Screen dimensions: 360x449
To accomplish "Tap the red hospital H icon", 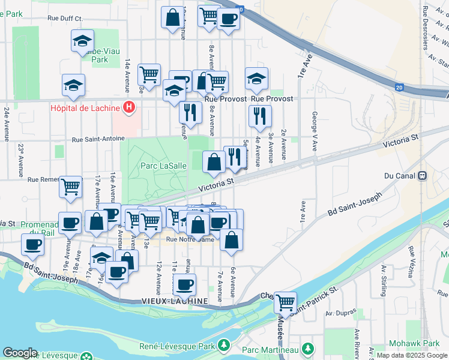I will click(x=128, y=108).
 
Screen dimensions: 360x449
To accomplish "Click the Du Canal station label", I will click(x=400, y=176).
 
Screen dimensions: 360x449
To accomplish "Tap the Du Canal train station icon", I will click(x=422, y=176).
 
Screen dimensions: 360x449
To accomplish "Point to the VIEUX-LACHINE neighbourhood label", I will click(x=174, y=300).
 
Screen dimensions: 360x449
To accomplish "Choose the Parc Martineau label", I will click(x=271, y=349).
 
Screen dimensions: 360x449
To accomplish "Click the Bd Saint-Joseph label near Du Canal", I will click(x=355, y=205).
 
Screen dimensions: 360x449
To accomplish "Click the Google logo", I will click(x=20, y=353).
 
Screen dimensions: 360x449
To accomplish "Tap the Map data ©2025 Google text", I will click(x=411, y=355).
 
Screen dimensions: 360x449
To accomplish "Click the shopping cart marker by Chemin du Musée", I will click(x=286, y=301).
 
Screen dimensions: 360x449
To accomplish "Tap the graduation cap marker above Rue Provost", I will click(x=256, y=79).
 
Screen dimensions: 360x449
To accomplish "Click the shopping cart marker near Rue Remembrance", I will click(x=70, y=187).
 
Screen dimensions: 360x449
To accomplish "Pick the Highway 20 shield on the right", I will click(x=400, y=87).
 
